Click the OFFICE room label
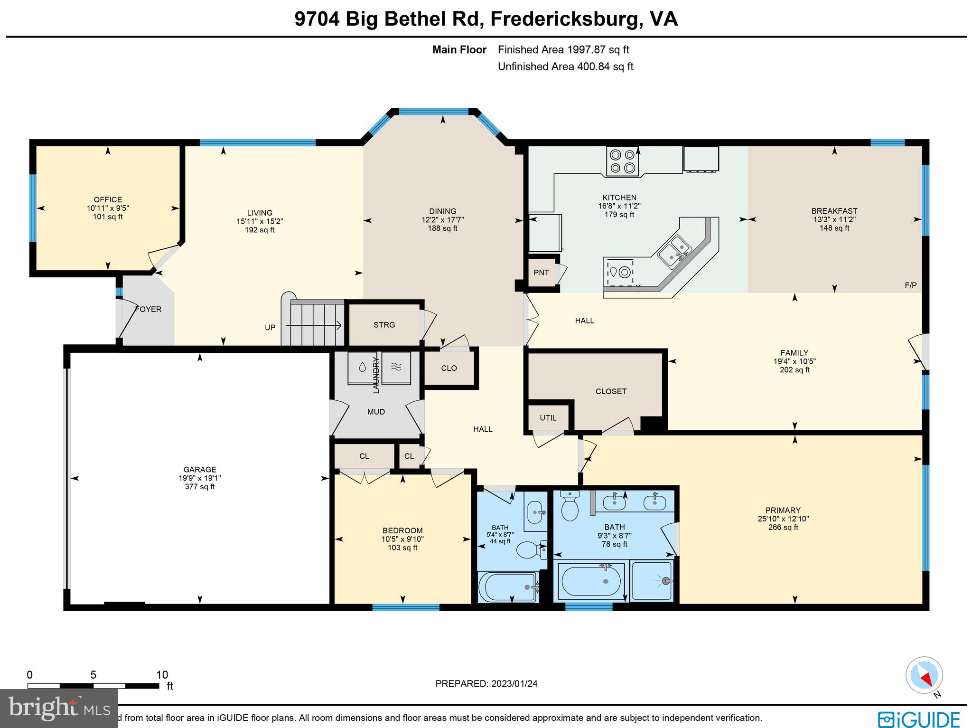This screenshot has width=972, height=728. (108, 199)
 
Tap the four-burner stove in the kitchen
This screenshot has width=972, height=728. (623, 161)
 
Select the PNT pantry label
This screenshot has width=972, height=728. (541, 273)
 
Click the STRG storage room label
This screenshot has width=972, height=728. (384, 325)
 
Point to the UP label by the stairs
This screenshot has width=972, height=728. (270, 327)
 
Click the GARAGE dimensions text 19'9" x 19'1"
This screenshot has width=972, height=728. (200, 478)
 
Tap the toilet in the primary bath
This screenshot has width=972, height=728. (570, 506)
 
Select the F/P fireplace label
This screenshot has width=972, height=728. (910, 285)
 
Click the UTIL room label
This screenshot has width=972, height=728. (548, 418)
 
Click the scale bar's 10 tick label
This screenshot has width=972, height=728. (162, 675)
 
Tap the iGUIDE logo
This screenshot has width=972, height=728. (919, 718)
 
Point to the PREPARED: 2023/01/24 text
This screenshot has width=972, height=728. (486, 683)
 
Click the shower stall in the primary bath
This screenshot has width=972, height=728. (651, 581)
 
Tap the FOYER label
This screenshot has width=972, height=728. (149, 309)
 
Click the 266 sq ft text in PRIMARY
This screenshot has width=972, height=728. (783, 527)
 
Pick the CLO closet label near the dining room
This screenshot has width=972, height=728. (449, 368)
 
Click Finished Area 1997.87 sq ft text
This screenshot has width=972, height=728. (563, 49)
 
